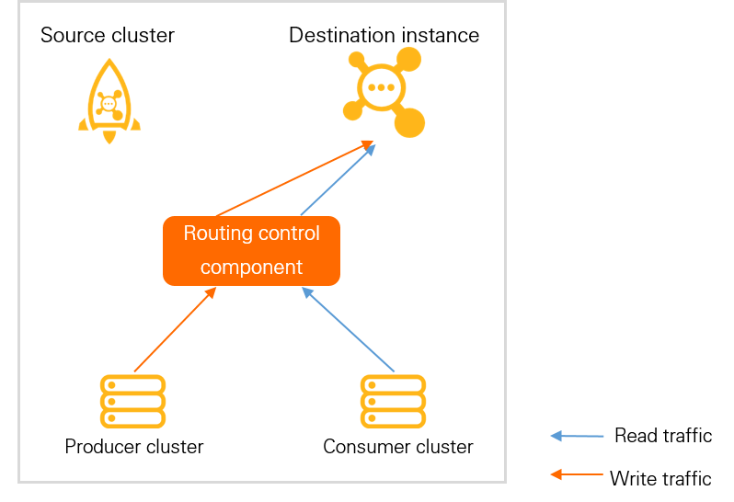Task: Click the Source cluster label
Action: tap(108, 36)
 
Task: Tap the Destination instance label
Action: tap(384, 36)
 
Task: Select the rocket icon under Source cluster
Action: tap(109, 99)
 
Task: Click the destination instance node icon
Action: tap(383, 92)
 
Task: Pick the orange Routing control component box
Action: tap(251, 250)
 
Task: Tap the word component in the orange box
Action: tap(251, 268)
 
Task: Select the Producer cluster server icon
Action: tap(132, 401)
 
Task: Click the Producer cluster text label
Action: tap(133, 447)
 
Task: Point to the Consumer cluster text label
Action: tap(397, 447)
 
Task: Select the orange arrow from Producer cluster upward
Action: tap(175, 330)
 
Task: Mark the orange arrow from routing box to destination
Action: tap(292, 179)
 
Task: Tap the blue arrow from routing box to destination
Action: tap(338, 179)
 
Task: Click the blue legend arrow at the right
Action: tap(577, 436)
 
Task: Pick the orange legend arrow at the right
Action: tap(577, 474)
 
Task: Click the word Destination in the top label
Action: tap(335, 36)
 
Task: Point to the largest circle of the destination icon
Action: tap(409, 122)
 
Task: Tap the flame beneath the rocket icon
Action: tap(109, 137)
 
